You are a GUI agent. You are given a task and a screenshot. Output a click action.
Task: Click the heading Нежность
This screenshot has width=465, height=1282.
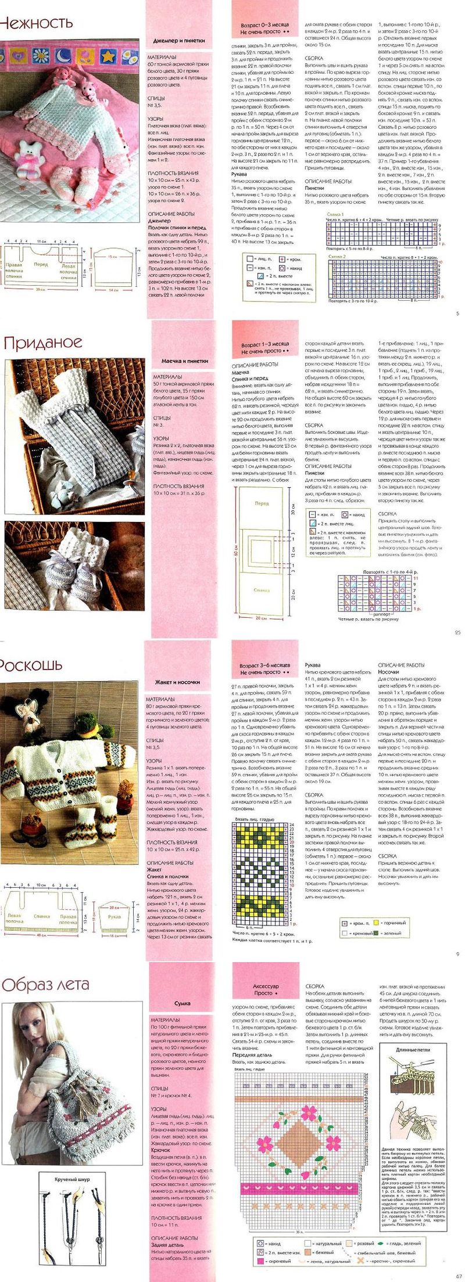36,23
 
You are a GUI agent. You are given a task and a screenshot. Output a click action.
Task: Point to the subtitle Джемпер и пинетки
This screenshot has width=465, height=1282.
178,41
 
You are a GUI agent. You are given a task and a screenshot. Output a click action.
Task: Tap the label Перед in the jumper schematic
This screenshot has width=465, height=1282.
41,264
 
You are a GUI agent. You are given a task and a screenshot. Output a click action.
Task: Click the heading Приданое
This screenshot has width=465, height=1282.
43,343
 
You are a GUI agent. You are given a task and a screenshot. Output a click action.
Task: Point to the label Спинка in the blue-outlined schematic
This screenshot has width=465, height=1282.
261,589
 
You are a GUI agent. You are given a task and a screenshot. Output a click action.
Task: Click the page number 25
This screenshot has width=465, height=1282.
457,632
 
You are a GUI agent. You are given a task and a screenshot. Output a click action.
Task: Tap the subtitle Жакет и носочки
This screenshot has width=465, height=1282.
177,682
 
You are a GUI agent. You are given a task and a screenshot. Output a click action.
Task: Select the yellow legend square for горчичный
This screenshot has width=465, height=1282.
376,923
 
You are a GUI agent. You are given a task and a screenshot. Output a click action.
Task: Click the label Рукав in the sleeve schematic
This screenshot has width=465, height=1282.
114,917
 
